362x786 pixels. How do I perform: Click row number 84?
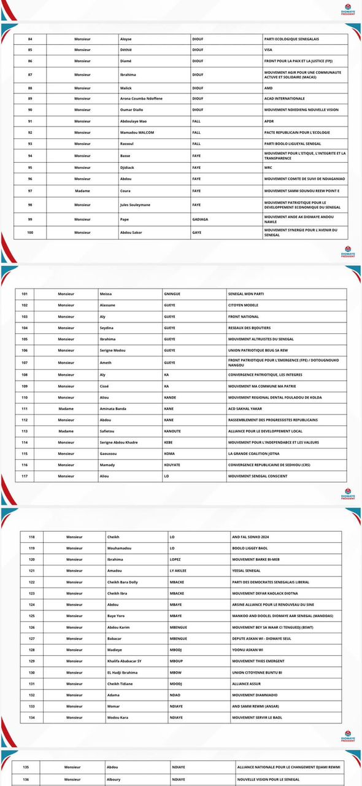coord(30,39)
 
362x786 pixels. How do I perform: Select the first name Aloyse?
coord(126,39)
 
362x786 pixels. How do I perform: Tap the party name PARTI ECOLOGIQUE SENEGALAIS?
coord(291,39)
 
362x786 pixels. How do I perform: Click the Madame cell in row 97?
coord(82,191)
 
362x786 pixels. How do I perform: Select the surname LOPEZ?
coord(176,559)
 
